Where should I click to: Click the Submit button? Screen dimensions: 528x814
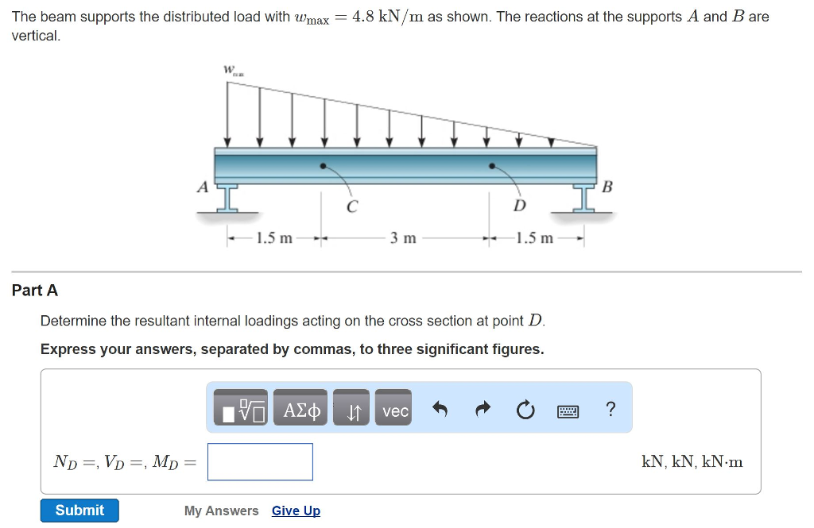[x=79, y=511]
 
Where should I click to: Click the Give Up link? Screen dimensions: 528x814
[x=296, y=511]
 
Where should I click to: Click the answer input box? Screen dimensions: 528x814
[x=260, y=461]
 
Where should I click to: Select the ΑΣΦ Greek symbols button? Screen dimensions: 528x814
[x=301, y=410]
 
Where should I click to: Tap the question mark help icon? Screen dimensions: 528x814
[x=610, y=410]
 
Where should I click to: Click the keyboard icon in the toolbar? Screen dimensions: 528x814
[x=568, y=411]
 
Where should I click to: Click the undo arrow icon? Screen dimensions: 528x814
[x=440, y=410]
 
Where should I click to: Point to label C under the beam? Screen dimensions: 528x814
[x=351, y=206]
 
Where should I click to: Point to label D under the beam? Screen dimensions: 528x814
[x=519, y=206]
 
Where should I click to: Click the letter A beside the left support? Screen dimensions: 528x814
[x=203, y=187]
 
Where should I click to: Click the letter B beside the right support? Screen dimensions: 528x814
[x=607, y=187]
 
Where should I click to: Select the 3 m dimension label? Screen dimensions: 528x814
[x=403, y=237]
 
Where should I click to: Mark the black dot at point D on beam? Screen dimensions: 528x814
[x=492, y=167]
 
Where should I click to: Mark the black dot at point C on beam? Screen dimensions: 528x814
[x=322, y=167]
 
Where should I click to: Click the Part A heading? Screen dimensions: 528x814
[x=35, y=291]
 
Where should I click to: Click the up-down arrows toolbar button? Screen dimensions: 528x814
[x=352, y=410]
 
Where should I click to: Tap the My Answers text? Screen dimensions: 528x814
[x=221, y=511]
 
